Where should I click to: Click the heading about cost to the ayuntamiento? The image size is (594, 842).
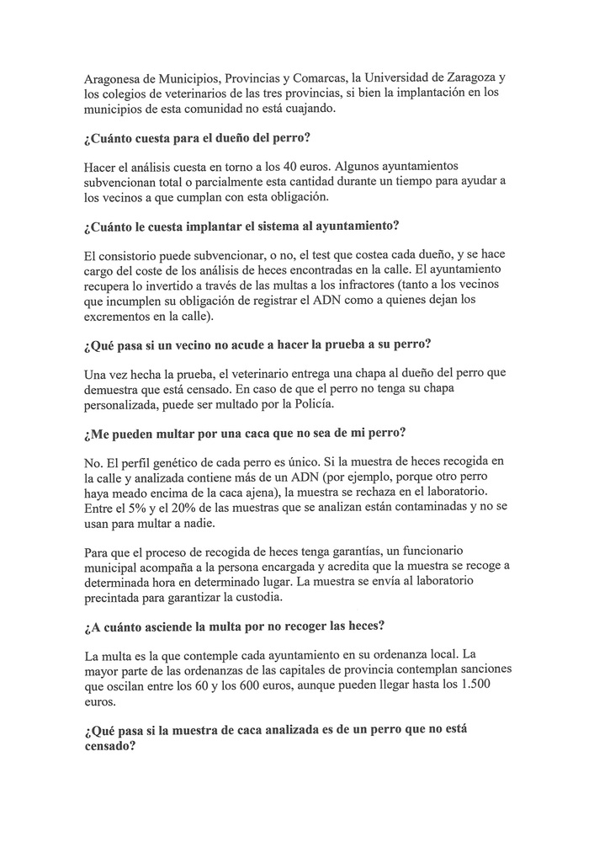(x=241, y=228)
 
